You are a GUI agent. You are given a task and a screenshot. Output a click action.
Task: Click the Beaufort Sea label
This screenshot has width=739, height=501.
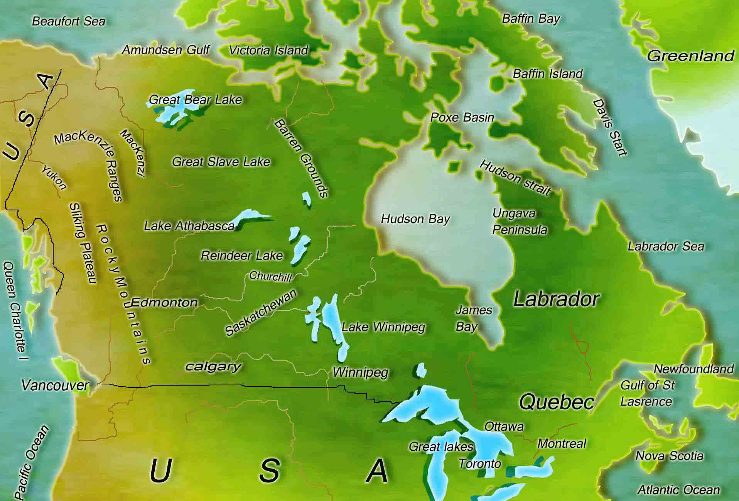[68, 21]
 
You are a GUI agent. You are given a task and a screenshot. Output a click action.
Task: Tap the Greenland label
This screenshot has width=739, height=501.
[690, 56]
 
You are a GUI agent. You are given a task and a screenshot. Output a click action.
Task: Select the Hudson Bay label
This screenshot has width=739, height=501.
[415, 219]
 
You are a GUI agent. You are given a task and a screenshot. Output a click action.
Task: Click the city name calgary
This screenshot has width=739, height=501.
[213, 366]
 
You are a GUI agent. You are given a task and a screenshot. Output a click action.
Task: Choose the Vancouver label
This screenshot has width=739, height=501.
[55, 385]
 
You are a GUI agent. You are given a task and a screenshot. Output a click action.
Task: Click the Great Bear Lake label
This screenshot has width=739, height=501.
[195, 100]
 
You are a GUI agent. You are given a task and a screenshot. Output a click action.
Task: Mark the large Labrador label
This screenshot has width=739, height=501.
[557, 299]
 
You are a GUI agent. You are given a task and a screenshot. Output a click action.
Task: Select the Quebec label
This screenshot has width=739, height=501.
[557, 402]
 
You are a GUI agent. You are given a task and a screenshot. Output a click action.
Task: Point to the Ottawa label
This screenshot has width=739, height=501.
[504, 427]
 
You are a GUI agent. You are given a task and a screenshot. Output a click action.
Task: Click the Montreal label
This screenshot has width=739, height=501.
[562, 443]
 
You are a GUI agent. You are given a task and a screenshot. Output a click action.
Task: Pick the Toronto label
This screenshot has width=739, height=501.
[480, 464]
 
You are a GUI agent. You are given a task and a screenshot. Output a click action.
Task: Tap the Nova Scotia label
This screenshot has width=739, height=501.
[669, 456]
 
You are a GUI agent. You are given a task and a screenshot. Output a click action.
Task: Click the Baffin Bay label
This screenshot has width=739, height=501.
[531, 19]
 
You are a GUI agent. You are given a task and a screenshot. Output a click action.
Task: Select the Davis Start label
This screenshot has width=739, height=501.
[610, 127]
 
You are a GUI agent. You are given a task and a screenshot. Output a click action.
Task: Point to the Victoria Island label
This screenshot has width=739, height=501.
[268, 50]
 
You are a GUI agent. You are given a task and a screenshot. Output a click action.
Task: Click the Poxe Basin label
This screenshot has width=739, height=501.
[462, 117]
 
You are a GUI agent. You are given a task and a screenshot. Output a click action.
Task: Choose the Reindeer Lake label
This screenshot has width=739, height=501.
[242, 256]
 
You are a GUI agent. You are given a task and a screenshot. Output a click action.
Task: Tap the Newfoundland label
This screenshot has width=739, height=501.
[693, 369]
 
